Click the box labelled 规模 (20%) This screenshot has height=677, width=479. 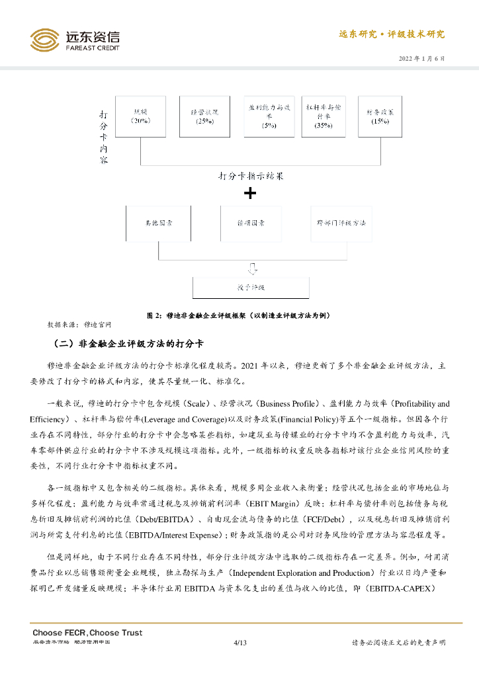click(140, 116)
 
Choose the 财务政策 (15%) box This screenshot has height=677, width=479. click(380, 116)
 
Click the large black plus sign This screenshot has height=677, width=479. click(250, 194)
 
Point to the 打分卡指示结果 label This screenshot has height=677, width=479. click(250, 177)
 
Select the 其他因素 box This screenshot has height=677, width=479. click(159, 223)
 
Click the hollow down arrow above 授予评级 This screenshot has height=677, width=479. click(251, 268)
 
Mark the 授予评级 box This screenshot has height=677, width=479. click(251, 288)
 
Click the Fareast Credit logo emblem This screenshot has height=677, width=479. click(44, 40)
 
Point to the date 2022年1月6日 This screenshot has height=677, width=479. click(421, 58)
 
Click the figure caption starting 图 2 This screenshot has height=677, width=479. click(239, 315)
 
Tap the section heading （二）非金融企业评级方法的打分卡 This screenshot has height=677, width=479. click(128, 344)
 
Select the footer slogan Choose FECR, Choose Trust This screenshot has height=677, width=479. click(87, 633)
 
